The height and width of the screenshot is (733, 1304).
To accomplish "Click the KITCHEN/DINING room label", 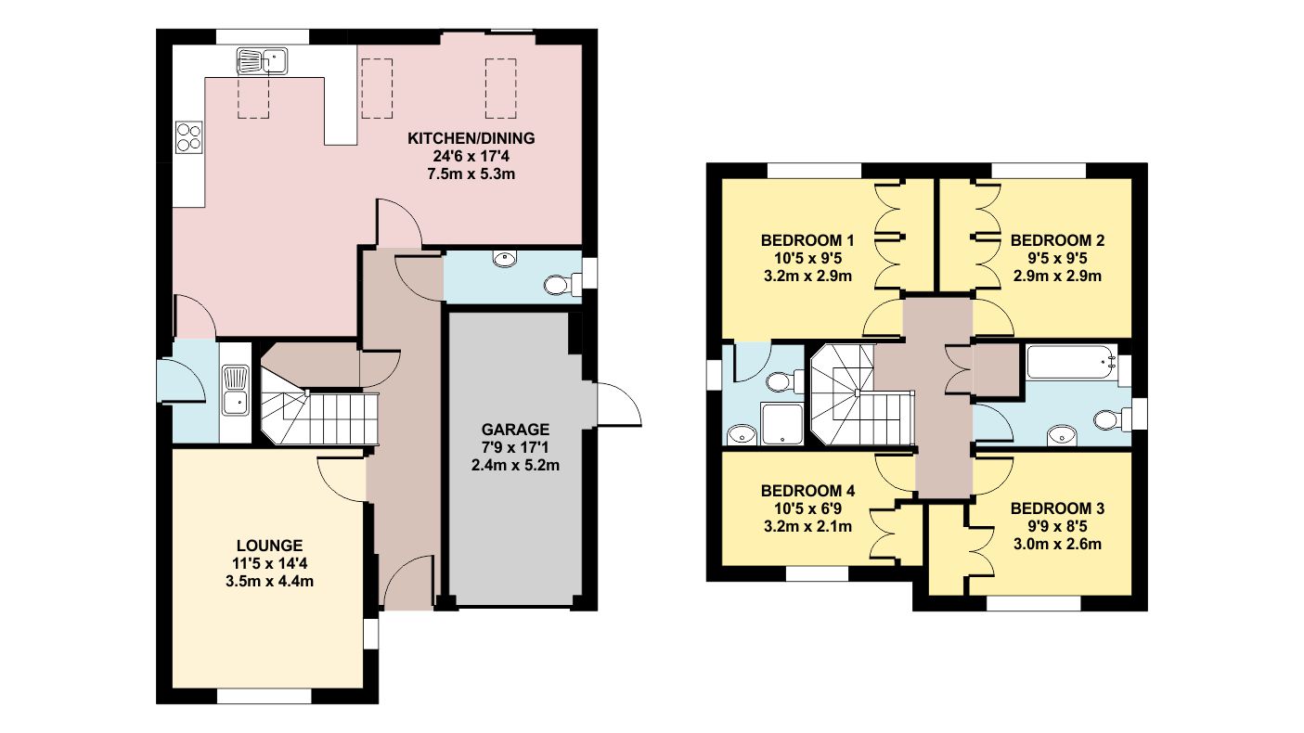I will (471, 139).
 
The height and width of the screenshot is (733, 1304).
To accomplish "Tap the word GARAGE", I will (515, 430).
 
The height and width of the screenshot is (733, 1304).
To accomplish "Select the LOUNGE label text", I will (268, 546).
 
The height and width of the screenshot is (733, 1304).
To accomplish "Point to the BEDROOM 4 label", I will (807, 491).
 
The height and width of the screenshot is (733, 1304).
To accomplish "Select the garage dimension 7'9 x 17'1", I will (515, 447).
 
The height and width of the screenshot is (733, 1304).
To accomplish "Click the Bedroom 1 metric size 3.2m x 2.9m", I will (807, 276).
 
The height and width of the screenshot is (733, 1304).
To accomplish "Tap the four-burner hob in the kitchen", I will (188, 137).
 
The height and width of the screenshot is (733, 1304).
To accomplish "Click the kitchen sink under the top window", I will (264, 62).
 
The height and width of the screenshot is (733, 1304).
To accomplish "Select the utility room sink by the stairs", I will (236, 390).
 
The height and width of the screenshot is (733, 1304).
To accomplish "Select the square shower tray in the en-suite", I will (782, 423).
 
